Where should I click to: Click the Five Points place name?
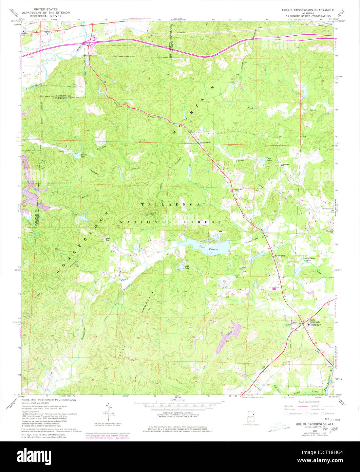205,142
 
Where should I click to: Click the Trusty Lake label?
82,155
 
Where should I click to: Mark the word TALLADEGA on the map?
171,205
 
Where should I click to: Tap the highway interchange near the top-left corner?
90,42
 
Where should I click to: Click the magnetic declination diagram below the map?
108,413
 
